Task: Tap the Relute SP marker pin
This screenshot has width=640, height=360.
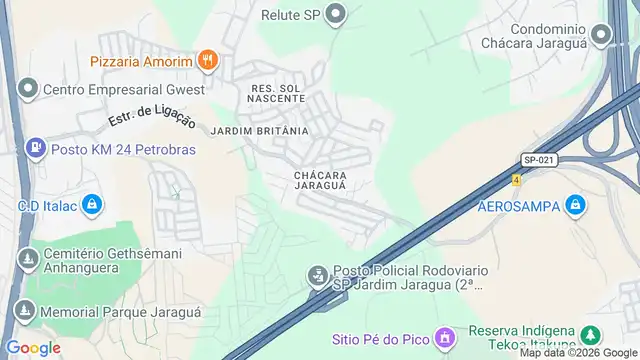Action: (x=336, y=15)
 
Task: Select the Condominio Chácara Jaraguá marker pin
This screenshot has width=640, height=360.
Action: (x=601, y=36)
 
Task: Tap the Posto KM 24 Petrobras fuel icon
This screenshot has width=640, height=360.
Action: (x=36, y=149)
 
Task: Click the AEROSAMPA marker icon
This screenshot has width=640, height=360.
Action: (x=574, y=207)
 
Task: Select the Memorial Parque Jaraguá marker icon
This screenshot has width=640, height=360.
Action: (x=25, y=312)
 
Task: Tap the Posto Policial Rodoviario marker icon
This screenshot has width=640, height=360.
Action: (x=317, y=273)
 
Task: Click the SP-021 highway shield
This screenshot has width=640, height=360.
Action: (x=537, y=159)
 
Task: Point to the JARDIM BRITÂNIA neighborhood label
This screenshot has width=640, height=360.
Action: (x=259, y=131)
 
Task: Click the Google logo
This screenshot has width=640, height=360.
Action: (x=33, y=348)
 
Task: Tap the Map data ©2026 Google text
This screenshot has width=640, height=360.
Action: (x=576, y=353)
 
